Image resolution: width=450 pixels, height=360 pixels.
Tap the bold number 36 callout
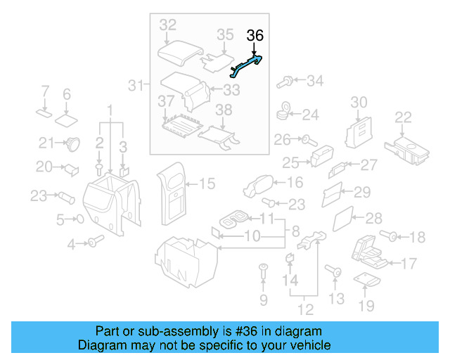pyautogui.click(x=255, y=36)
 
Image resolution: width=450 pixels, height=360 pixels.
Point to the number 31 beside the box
pyautogui.click(x=136, y=86)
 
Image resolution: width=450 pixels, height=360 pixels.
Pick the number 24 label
pyautogui.click(x=310, y=114)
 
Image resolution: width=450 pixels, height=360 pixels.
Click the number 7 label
pyautogui.click(x=44, y=93)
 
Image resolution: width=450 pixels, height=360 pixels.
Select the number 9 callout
pyautogui.click(x=264, y=300)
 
